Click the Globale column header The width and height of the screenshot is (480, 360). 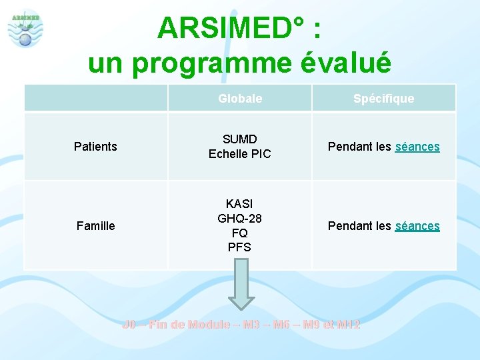tap(240, 99)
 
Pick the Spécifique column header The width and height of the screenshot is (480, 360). tap(383, 99)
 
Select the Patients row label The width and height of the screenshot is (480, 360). tap(95, 147)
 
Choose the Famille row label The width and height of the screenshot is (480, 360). tap(95, 226)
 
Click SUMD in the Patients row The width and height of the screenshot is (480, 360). tap(240, 139)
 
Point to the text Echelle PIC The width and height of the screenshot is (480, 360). tap(240, 154)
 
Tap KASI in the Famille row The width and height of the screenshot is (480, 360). tap(240, 203)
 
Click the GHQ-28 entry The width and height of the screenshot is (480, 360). tap(240, 218)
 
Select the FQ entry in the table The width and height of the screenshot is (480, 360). tap(240, 233)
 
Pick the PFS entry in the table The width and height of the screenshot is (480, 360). tap(240, 247)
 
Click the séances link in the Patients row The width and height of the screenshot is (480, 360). tap(417, 147)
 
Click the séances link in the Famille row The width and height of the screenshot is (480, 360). tap(417, 226)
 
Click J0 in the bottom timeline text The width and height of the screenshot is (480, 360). tap(129, 325)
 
